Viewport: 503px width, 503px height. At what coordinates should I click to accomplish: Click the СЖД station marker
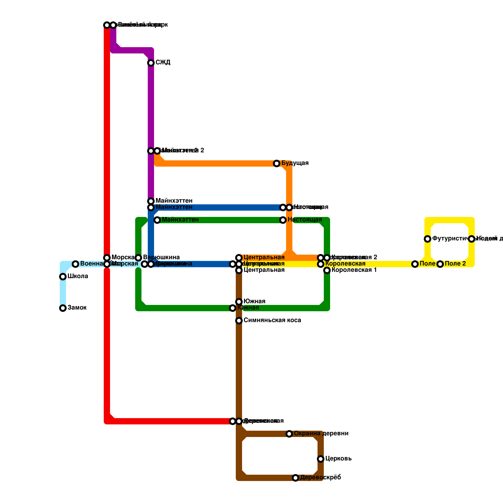(151, 63)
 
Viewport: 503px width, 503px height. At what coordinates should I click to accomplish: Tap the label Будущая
(295, 163)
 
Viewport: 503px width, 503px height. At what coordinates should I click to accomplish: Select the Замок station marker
(63, 308)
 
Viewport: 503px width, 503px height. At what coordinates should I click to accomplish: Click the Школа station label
(78, 276)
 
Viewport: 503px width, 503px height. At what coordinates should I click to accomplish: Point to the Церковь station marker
(321, 459)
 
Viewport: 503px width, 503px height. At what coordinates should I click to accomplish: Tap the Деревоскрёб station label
(320, 478)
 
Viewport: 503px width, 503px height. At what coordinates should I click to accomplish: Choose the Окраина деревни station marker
(289, 434)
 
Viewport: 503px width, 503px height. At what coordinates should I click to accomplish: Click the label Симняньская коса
(272, 320)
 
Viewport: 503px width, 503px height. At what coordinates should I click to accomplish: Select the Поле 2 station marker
(440, 264)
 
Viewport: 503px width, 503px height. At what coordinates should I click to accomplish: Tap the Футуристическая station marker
(428, 239)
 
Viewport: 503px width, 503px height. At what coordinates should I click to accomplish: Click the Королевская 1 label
(354, 270)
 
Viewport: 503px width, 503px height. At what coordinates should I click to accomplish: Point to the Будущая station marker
(277, 163)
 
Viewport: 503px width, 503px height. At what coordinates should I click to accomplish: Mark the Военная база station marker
(75, 264)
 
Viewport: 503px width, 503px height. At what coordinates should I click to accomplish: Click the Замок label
(77, 308)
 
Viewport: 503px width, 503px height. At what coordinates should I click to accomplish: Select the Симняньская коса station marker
(239, 321)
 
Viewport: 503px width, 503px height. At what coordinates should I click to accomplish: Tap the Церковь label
(338, 459)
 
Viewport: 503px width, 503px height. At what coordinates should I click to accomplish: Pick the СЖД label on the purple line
(163, 63)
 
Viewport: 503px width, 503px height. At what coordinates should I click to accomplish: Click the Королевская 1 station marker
(327, 270)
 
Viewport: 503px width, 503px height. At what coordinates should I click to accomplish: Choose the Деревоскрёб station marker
(296, 478)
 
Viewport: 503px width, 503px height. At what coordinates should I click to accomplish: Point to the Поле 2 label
(455, 264)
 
